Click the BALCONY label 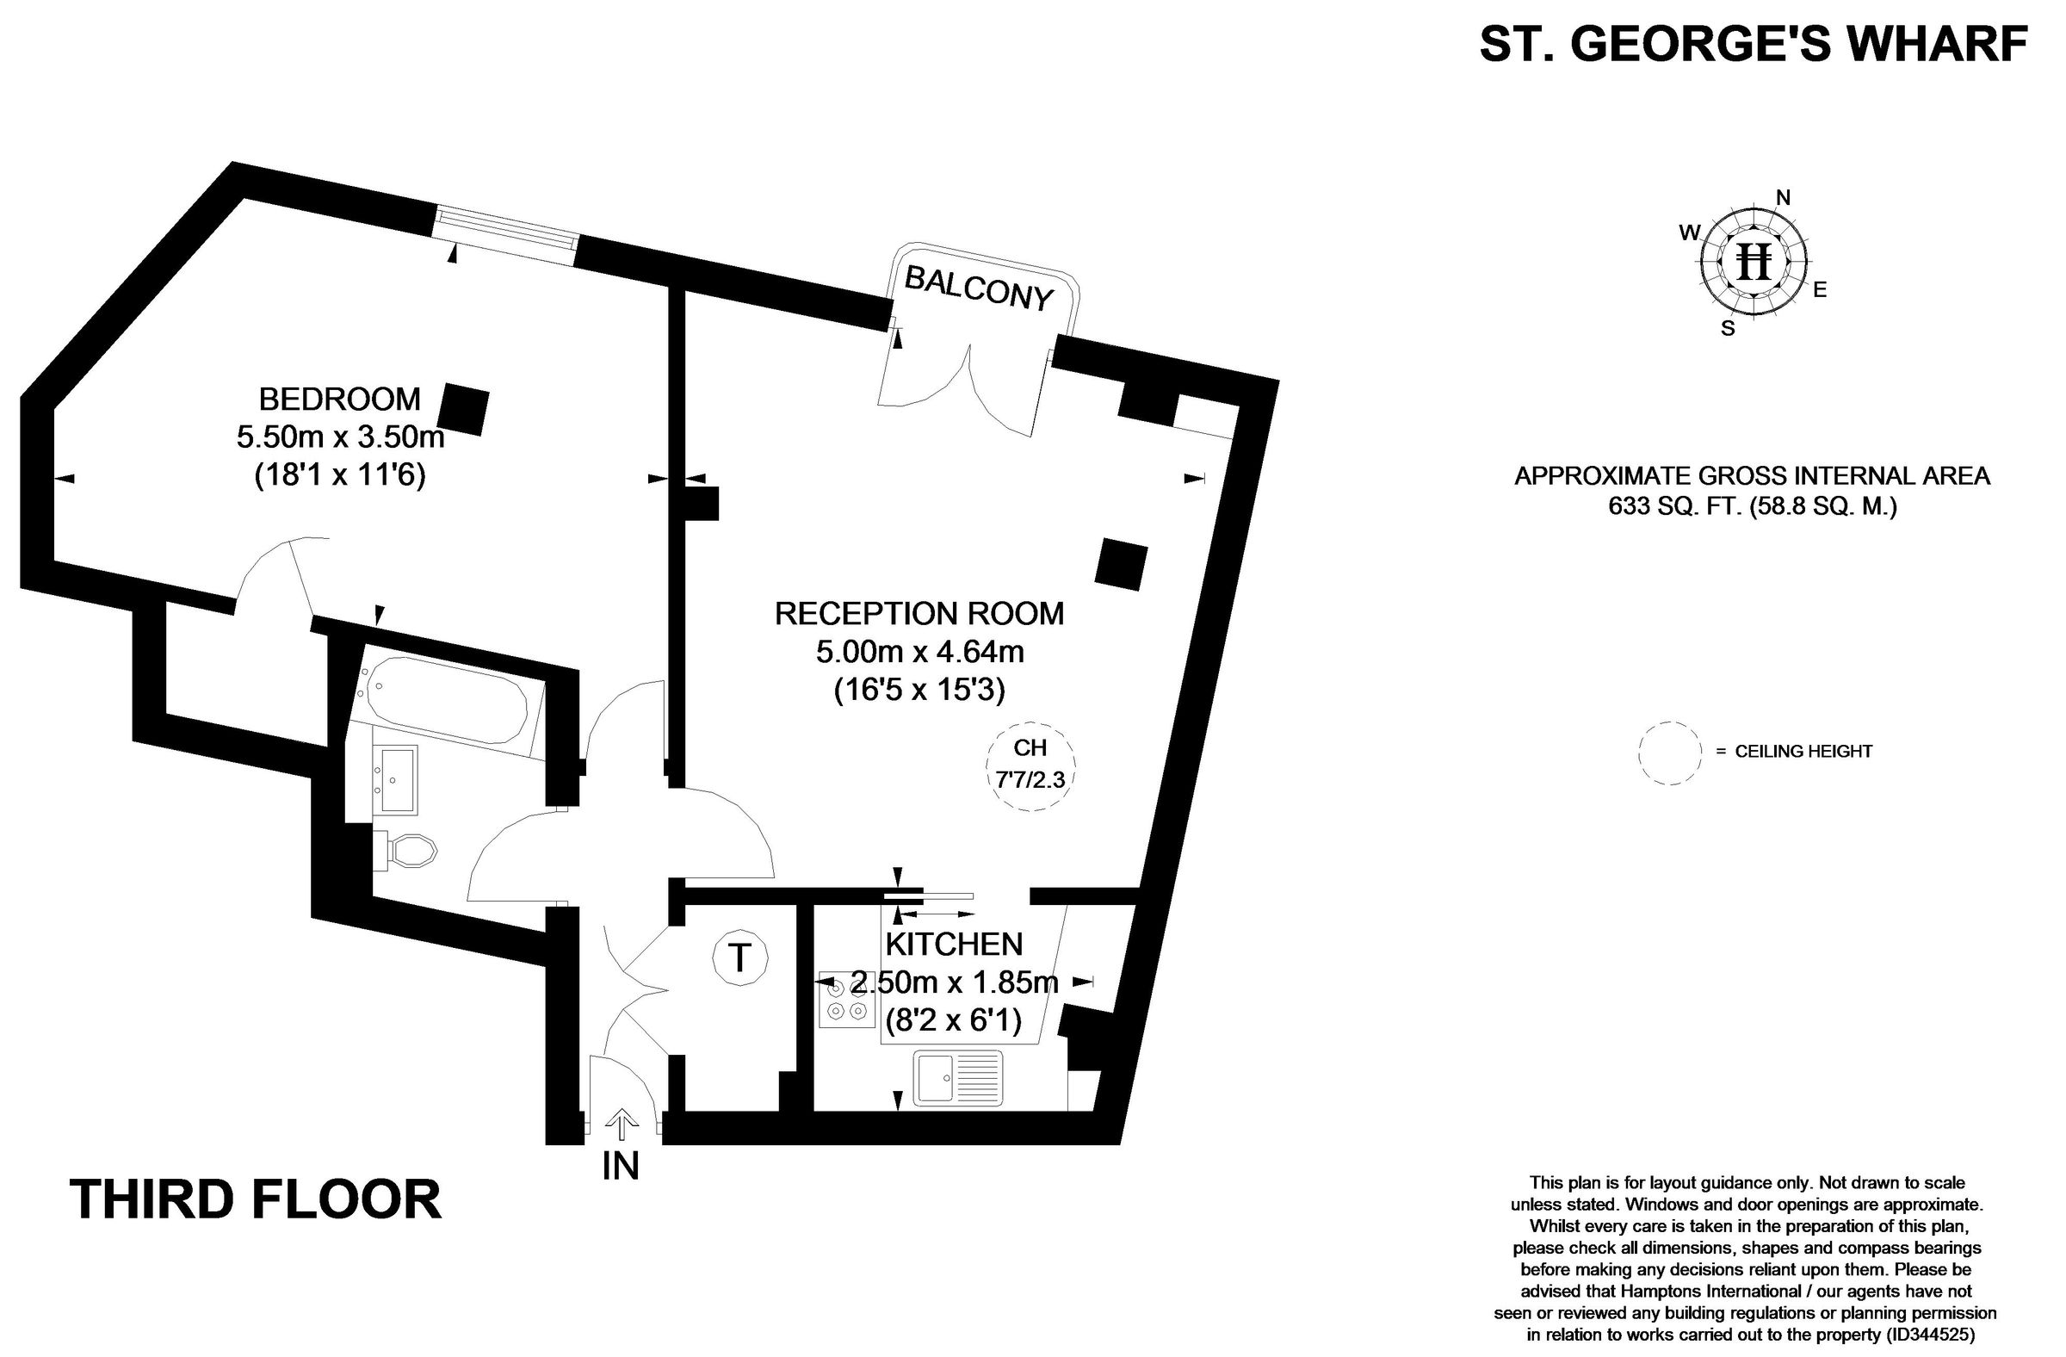click(978, 288)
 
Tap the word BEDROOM click(339, 400)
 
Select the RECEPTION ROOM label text click(919, 614)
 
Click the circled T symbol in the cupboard click(739, 957)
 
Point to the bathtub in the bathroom click(447, 700)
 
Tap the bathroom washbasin click(399, 778)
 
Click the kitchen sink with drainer click(956, 1077)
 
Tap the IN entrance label click(621, 1166)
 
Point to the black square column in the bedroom click(463, 410)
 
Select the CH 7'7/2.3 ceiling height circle click(1030, 765)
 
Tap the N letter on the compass click(1783, 198)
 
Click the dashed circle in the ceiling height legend click(1669, 753)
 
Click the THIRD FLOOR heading click(255, 1199)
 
